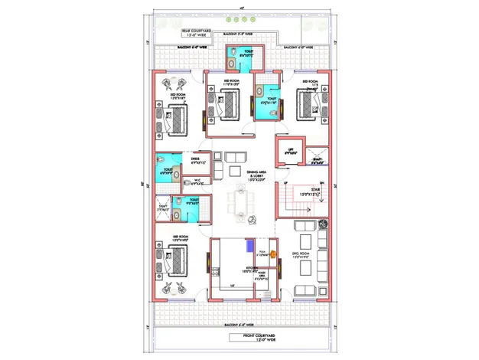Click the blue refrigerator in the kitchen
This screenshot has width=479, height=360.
249,247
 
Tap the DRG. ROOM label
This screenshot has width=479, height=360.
299,254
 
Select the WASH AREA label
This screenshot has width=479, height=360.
261,276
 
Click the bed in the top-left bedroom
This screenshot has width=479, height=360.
176,119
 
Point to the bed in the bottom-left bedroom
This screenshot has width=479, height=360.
175,260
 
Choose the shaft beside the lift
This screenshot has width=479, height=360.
318,160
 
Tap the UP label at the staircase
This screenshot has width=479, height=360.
285,184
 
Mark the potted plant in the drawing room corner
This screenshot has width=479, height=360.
324,224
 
